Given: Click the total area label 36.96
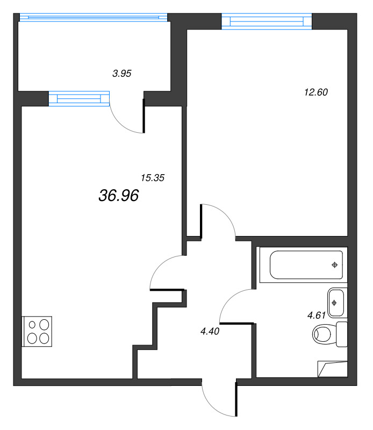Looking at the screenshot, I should click(x=119, y=196).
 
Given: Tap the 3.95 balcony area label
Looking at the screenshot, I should click(x=122, y=75).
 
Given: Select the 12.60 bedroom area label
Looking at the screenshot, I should click(x=315, y=92).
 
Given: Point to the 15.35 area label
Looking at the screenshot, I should click(x=152, y=177).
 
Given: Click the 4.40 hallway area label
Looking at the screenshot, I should click(x=210, y=331).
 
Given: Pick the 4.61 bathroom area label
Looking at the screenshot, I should click(x=317, y=316).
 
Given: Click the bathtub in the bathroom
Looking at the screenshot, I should click(x=300, y=264).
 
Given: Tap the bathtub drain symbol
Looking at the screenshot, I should click(x=335, y=264).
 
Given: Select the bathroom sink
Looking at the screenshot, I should click(x=335, y=302).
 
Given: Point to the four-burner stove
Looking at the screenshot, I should click(x=37, y=331).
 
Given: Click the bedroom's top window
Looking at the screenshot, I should click(x=267, y=21).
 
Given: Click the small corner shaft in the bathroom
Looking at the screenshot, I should click(x=331, y=369).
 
